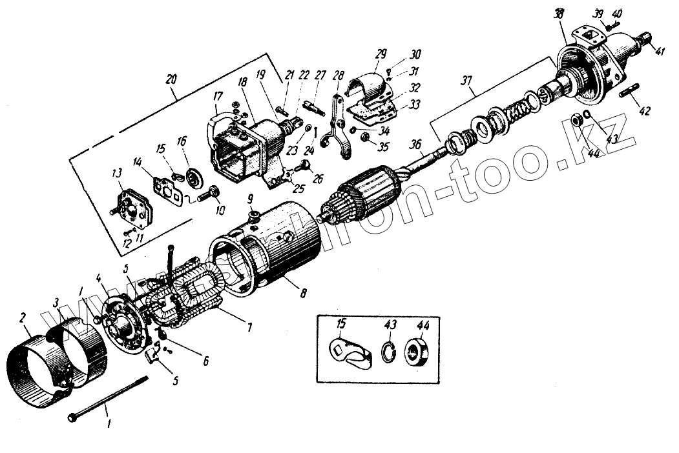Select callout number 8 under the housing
click(x=303, y=292)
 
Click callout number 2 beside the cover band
click(x=23, y=317)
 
